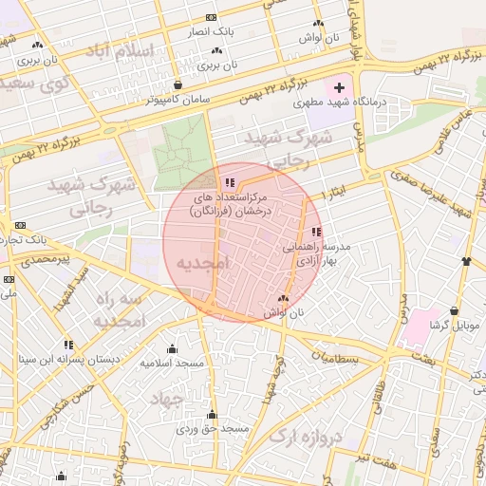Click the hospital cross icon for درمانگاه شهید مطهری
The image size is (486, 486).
[339, 87]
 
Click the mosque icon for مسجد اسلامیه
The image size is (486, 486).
[172, 348]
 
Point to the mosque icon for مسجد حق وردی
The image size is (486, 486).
[212, 414]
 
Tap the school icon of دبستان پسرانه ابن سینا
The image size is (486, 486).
[66, 345]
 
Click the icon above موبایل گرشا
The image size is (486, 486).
[455, 310]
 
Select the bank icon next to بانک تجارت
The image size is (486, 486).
[20, 226]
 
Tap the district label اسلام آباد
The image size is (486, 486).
[117, 51]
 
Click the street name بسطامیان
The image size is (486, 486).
[335, 358]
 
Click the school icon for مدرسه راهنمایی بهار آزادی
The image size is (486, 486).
[316, 231]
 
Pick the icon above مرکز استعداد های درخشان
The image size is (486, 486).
[229, 182]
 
